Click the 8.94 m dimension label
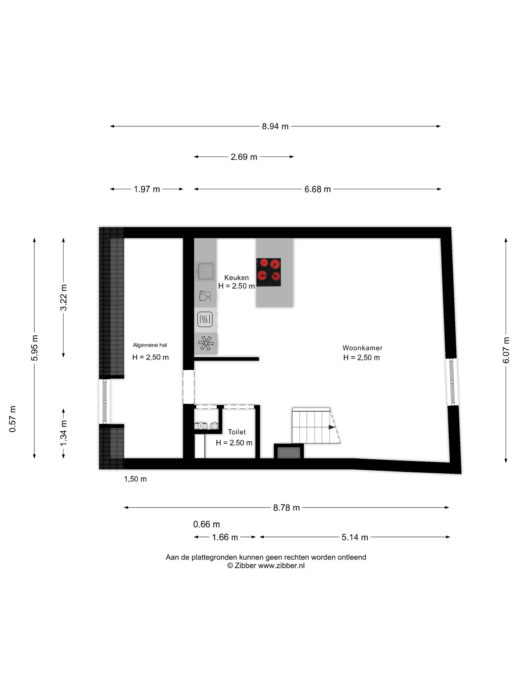(x=275, y=127)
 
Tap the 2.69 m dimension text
(x=244, y=157)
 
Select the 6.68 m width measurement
(x=317, y=189)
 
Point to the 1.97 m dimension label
(x=147, y=189)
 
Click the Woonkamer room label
(x=362, y=348)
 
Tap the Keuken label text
(x=236, y=278)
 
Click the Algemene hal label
(x=150, y=345)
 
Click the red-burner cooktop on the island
(x=269, y=272)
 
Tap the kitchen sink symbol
(x=205, y=271)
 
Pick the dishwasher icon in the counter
(x=205, y=295)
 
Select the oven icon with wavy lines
(x=205, y=319)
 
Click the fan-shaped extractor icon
(x=206, y=343)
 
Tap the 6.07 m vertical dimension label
(x=506, y=350)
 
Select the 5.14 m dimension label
(x=355, y=537)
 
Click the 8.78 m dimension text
(x=286, y=508)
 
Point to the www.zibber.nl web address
(x=281, y=565)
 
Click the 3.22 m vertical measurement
(x=63, y=297)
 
